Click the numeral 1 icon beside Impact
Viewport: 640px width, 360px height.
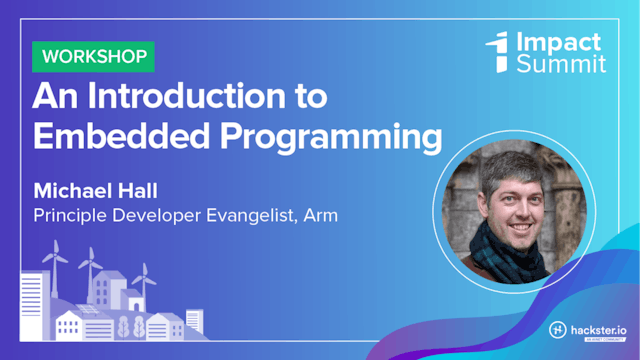coord(497,52)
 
